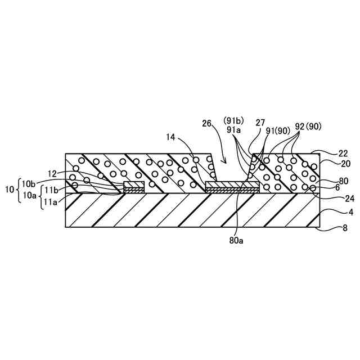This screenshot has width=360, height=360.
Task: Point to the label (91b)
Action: point(233,121)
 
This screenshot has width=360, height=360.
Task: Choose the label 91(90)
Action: point(276,131)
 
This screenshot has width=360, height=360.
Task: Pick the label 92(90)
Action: point(308,127)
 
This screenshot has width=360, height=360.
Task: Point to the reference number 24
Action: point(334,197)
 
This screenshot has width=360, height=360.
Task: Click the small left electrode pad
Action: point(134,185)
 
